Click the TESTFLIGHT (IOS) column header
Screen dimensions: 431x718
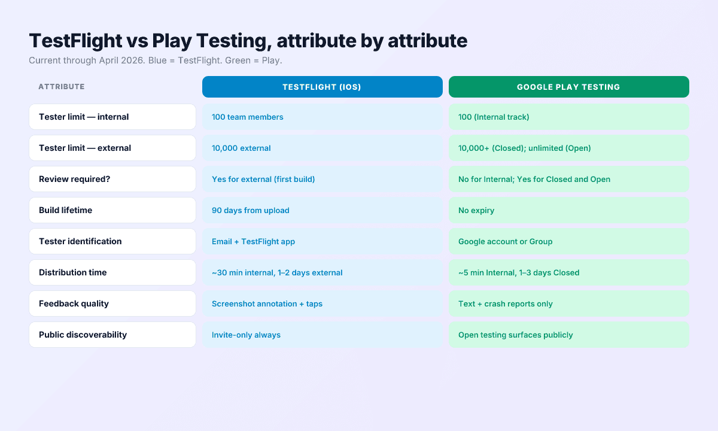[x=322, y=87]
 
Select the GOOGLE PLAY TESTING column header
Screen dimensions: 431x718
[x=568, y=87]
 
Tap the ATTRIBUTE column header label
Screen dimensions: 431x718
[x=62, y=87]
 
